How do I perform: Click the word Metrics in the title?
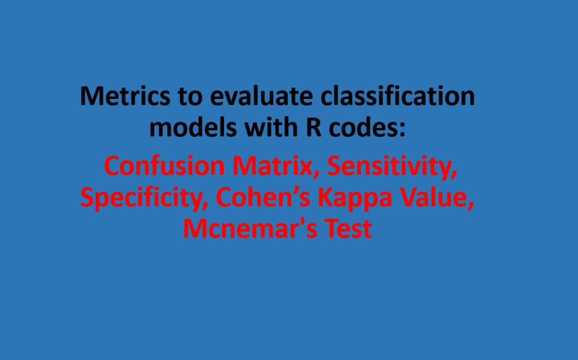pos(125,96)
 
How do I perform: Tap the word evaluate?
pos(261,96)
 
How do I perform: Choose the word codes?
pos(363,127)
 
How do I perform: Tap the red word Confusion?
pos(164,166)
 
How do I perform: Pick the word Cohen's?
pos(263,197)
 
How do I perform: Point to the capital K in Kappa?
pos(326,198)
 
